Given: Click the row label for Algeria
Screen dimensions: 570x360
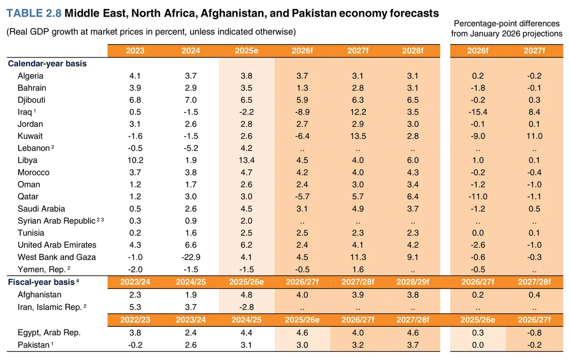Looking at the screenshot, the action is click(x=31, y=76).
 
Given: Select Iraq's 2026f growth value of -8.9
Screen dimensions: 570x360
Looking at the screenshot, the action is click(x=302, y=112).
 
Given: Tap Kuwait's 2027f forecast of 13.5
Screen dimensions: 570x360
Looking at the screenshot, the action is click(x=358, y=136).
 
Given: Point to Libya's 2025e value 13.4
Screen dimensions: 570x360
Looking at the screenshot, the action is click(x=247, y=160).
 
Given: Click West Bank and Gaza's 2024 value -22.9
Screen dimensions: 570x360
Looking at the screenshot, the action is click(x=191, y=257).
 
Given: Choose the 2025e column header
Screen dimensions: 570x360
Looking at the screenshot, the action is click(x=247, y=50).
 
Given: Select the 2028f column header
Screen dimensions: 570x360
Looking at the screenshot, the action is click(x=412, y=50).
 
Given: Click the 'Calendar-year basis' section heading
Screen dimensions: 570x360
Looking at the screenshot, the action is click(x=47, y=64).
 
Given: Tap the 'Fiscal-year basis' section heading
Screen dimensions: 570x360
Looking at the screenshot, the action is click(x=42, y=282).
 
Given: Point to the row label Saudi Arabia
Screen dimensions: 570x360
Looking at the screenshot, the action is click(x=41, y=209).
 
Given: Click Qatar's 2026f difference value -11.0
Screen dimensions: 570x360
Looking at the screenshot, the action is click(x=478, y=196).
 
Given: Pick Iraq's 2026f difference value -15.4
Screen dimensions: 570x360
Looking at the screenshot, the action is click(x=478, y=112).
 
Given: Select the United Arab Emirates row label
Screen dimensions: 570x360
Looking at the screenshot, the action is click(x=57, y=245).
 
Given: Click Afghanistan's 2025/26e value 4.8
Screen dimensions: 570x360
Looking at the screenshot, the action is click(x=247, y=295).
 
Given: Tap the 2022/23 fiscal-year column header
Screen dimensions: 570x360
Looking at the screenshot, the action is click(x=135, y=320).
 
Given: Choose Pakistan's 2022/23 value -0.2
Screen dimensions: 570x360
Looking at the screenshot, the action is click(x=135, y=345).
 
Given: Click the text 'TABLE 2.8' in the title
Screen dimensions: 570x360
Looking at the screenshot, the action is click(x=34, y=13).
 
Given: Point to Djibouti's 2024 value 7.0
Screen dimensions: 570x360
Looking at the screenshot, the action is click(x=191, y=100).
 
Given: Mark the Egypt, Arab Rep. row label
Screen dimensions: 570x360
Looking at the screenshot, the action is click(x=49, y=333).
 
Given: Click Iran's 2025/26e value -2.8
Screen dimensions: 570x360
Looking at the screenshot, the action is click(x=247, y=307).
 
